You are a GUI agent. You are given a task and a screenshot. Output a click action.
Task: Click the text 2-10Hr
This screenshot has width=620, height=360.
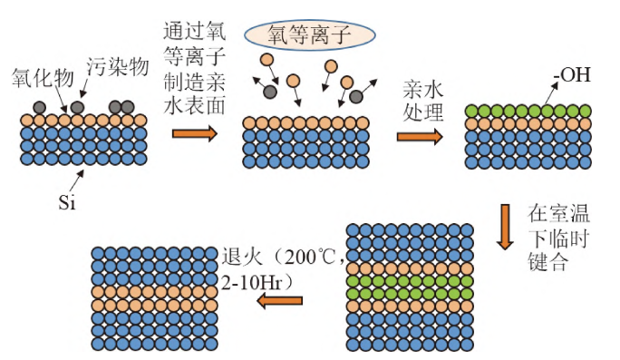(256, 281)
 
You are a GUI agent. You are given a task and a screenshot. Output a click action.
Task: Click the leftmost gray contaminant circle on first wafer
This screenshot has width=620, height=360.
(40, 108)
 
